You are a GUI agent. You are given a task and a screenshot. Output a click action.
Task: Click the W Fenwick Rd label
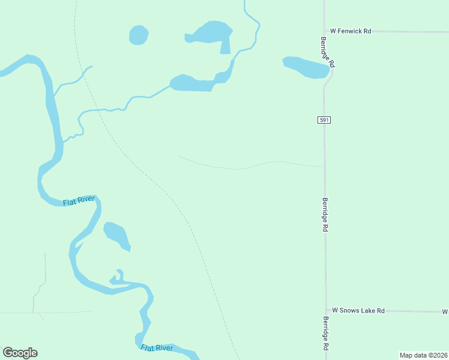pos(351,31)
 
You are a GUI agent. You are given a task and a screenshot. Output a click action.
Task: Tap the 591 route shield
pos(324,120)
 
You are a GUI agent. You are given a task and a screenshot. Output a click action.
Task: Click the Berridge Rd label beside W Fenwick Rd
pos(327,52)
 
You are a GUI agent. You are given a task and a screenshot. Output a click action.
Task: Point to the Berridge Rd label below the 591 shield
pos(325,215)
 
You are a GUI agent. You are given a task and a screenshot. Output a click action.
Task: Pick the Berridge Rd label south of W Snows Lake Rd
pos(325,334)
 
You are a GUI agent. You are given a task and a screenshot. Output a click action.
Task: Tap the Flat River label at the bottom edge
pos(157,347)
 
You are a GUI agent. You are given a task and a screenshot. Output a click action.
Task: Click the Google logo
pos(20,353)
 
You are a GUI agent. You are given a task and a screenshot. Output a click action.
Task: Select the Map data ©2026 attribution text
pos(423,355)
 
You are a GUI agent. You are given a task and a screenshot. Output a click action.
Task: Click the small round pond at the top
pos(139,35)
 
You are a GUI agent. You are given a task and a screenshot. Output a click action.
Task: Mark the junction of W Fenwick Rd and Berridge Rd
pos(324,31)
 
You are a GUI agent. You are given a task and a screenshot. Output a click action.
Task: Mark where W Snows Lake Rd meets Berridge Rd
pos(325,311)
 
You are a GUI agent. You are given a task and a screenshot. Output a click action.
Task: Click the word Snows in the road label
pos(350,310)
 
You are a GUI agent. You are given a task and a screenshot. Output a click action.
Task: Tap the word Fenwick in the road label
pos(354,31)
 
